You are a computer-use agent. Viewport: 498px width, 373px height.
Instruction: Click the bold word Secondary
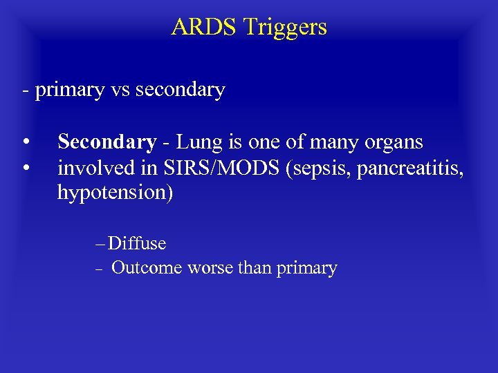107,143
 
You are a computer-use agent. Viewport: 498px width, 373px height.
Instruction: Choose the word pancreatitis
398,169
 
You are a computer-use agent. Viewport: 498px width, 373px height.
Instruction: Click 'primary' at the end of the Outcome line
306,269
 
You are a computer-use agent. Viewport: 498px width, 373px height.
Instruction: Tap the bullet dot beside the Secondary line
25,143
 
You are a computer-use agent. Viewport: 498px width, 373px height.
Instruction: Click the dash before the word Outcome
99,269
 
